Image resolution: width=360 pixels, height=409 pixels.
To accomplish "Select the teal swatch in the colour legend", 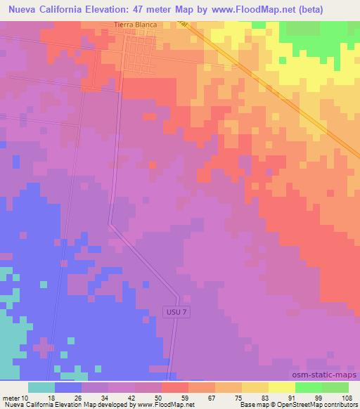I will [41, 387].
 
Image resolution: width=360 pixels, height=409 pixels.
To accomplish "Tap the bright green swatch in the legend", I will [308, 387].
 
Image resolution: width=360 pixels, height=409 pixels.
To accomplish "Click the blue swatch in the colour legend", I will [68, 387].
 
